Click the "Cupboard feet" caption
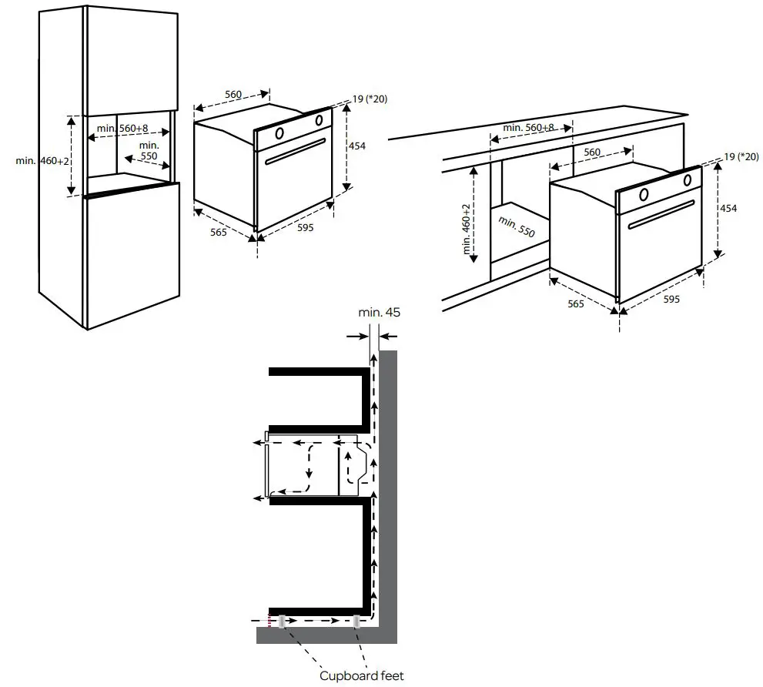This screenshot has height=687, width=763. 361,676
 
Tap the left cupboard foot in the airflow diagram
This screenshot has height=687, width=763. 283,621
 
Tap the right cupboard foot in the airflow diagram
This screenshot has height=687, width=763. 356,621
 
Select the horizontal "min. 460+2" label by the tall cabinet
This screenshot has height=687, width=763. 42,160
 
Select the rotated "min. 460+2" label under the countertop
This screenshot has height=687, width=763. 467,229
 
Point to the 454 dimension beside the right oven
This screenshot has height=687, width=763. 728,209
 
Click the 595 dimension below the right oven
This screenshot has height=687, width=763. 671,299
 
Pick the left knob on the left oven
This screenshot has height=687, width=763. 279,132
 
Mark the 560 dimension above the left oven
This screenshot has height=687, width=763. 233,95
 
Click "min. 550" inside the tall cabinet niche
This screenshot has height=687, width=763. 149,150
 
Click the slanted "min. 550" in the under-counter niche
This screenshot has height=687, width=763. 516,226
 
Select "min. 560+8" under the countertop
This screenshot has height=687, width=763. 528,127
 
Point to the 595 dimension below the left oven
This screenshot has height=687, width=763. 306,228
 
